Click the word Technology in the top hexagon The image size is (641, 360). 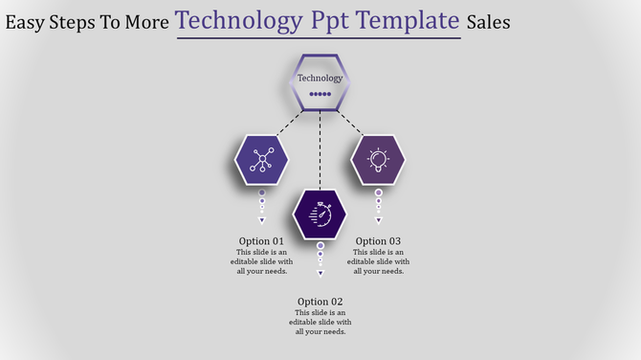[x=320, y=78]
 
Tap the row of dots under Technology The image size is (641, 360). [x=320, y=95]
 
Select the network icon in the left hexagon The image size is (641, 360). [x=261, y=160]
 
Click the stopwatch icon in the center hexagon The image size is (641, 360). [x=320, y=214]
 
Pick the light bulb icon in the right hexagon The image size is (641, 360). [x=378, y=160]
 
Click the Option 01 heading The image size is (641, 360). [x=261, y=241]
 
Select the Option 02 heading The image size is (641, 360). [x=320, y=302]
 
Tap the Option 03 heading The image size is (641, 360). [x=378, y=241]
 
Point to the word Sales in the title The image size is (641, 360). [x=488, y=22]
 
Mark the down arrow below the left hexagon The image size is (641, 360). [x=261, y=220]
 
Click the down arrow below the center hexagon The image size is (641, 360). [x=320, y=274]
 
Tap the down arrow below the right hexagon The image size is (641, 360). [x=378, y=220]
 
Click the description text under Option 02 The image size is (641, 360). [x=320, y=323]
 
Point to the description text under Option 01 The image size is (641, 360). [x=261, y=261]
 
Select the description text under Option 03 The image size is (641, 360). [x=378, y=261]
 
